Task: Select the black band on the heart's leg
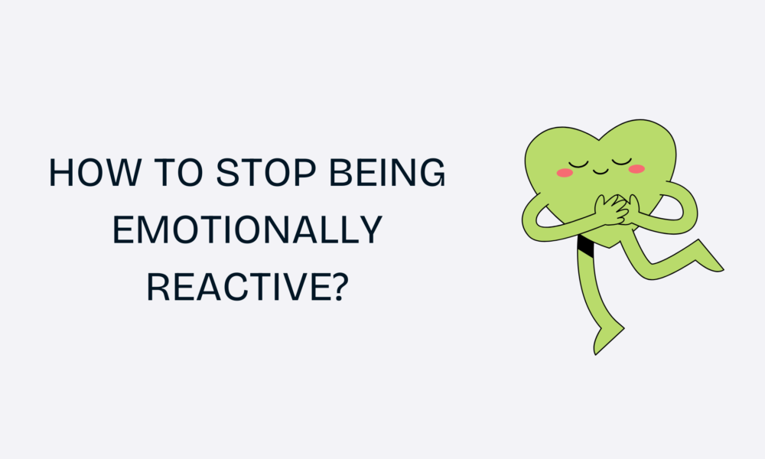pyautogui.click(x=587, y=246)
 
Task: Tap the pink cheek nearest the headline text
pyautogui.click(x=565, y=172)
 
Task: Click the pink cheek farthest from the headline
pyautogui.click(x=636, y=168)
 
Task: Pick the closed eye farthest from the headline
pyautogui.click(x=622, y=161)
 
